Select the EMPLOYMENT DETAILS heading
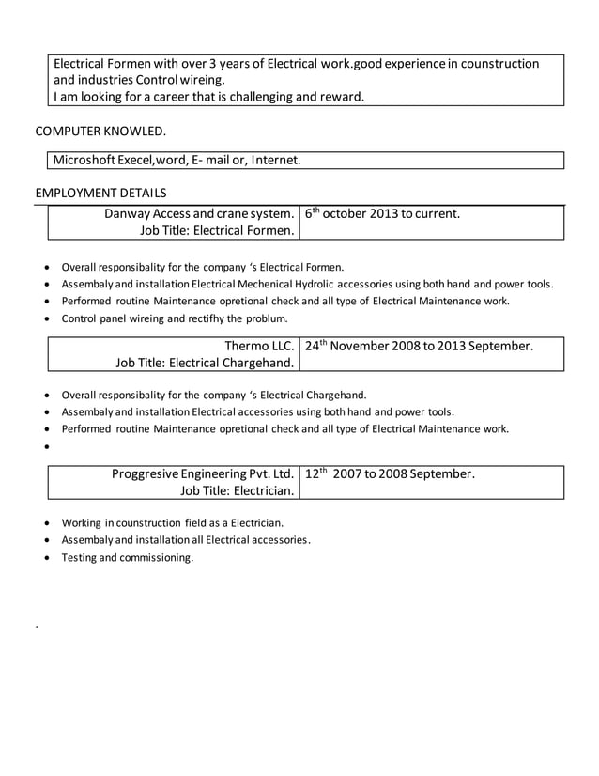(100, 193)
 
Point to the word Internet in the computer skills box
(275, 161)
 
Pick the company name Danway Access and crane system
(200, 213)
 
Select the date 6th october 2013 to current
(382, 213)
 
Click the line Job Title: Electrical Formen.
(218, 230)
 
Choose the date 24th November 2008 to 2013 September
(419, 346)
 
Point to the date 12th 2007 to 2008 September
(390, 473)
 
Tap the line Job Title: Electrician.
(238, 490)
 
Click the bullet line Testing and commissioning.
(127, 557)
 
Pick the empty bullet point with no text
(48, 447)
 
